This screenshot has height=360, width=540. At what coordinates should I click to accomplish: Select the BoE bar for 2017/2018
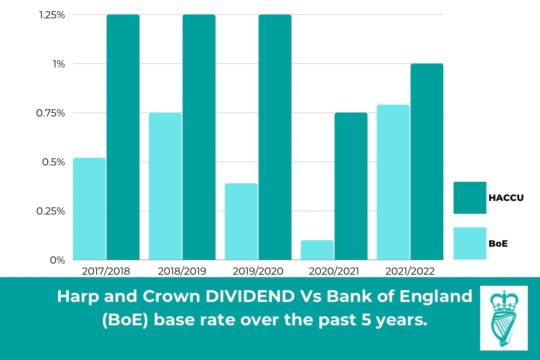click(x=89, y=209)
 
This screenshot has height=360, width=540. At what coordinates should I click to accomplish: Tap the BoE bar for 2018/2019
click(x=165, y=186)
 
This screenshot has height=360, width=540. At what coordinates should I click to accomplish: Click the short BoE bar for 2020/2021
click(x=317, y=250)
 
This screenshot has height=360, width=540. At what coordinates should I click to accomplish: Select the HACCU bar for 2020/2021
click(x=351, y=186)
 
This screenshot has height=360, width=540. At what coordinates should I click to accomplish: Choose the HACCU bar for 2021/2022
click(x=427, y=162)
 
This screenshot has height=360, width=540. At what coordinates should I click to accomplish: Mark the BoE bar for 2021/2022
click(x=393, y=182)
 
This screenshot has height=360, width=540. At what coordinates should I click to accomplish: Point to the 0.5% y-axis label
click(x=55, y=162)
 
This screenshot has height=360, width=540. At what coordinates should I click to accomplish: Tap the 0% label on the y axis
click(x=58, y=260)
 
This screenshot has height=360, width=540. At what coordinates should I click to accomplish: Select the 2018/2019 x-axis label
click(x=182, y=271)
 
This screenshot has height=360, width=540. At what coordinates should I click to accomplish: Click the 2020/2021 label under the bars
click(x=334, y=271)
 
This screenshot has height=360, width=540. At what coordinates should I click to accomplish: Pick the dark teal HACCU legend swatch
click(x=470, y=198)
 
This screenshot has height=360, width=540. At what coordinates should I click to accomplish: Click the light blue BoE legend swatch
click(x=470, y=243)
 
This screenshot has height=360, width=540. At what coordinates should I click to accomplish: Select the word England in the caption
click(x=435, y=297)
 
